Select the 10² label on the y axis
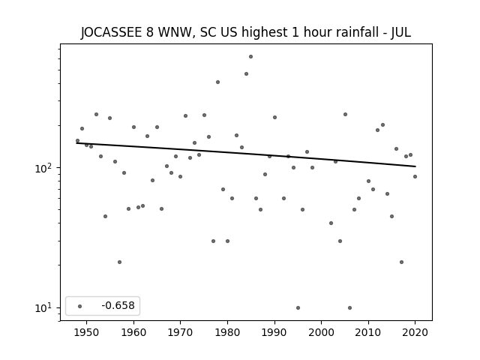pyautogui.click(x=46, y=168)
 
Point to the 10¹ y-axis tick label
pyautogui.click(x=46, y=307)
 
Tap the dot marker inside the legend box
pyautogui.click(x=79, y=306)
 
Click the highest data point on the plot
pyautogui.click(x=250, y=56)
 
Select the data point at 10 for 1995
pyautogui.click(x=298, y=307)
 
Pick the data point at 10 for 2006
pyautogui.click(x=349, y=307)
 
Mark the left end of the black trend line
pyautogui.click(x=77, y=142)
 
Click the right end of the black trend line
pyautogui.click(x=415, y=166)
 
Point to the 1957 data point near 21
pyautogui.click(x=119, y=262)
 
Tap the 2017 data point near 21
pyautogui.click(x=401, y=262)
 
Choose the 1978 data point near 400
pyautogui.click(x=217, y=82)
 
